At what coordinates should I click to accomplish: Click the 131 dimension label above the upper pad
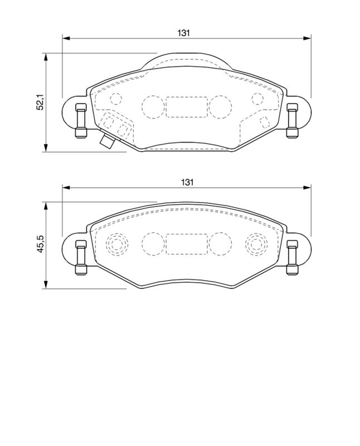pyautogui.click(x=184, y=33)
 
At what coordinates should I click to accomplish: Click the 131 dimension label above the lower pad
pyautogui.click(x=187, y=182)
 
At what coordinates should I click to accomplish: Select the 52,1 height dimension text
pyautogui.click(x=40, y=103)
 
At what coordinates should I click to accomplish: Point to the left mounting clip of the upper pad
pyautogui.click(x=80, y=121)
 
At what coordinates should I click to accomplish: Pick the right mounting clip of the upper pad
pyautogui.click(x=290, y=121)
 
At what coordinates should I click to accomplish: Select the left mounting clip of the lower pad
pyautogui.click(x=80, y=258)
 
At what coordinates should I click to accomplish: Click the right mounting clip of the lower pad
pyautogui.click(x=290, y=258)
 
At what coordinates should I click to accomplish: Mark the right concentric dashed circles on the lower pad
pyautogui.click(x=256, y=243)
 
